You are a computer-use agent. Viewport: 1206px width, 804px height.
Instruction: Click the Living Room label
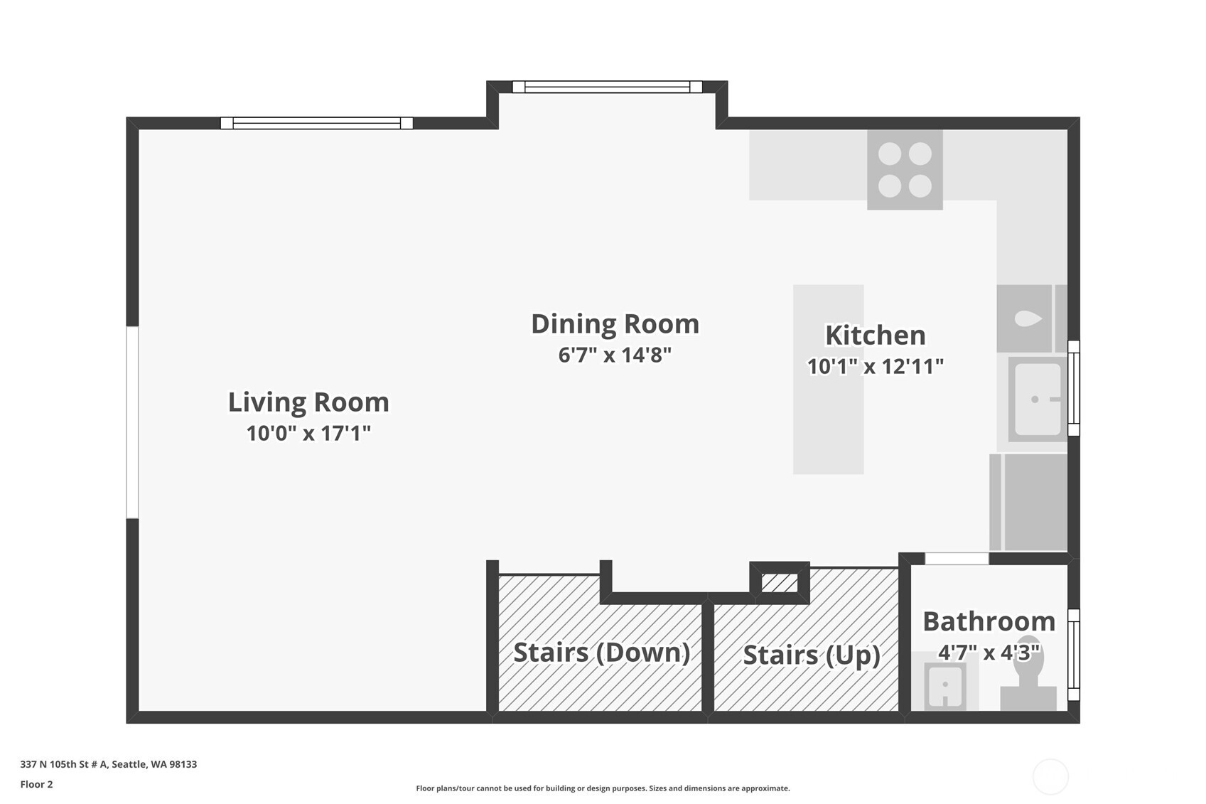(308, 402)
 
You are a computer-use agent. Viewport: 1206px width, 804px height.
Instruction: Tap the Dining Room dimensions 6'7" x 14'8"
(615, 355)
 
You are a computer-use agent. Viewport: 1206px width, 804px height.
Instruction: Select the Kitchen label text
(876, 335)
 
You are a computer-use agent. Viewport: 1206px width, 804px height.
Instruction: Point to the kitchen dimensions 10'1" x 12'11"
(876, 367)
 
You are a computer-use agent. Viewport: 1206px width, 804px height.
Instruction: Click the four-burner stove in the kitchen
(905, 169)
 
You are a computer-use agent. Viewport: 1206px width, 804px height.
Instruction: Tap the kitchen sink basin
(1038, 399)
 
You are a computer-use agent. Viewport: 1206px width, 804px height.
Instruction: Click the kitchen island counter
(828, 380)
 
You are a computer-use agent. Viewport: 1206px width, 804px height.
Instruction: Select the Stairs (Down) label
(601, 653)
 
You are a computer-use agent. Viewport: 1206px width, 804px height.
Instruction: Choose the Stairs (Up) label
(812, 655)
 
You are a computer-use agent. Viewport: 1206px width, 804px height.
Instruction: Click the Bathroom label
(989, 621)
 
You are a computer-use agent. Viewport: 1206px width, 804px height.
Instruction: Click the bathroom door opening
(957, 559)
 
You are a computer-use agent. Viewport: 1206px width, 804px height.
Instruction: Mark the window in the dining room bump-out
(608, 87)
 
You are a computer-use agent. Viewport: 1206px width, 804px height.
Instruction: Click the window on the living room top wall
(316, 123)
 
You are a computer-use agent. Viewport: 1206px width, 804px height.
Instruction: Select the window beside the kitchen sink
(1074, 387)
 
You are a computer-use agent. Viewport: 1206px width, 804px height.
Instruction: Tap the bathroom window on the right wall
(1074, 655)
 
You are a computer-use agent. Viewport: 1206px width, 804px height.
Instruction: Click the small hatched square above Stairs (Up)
(780, 583)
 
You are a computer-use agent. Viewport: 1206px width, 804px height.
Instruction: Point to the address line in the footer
(109, 764)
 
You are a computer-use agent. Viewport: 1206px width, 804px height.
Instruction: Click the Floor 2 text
(37, 784)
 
